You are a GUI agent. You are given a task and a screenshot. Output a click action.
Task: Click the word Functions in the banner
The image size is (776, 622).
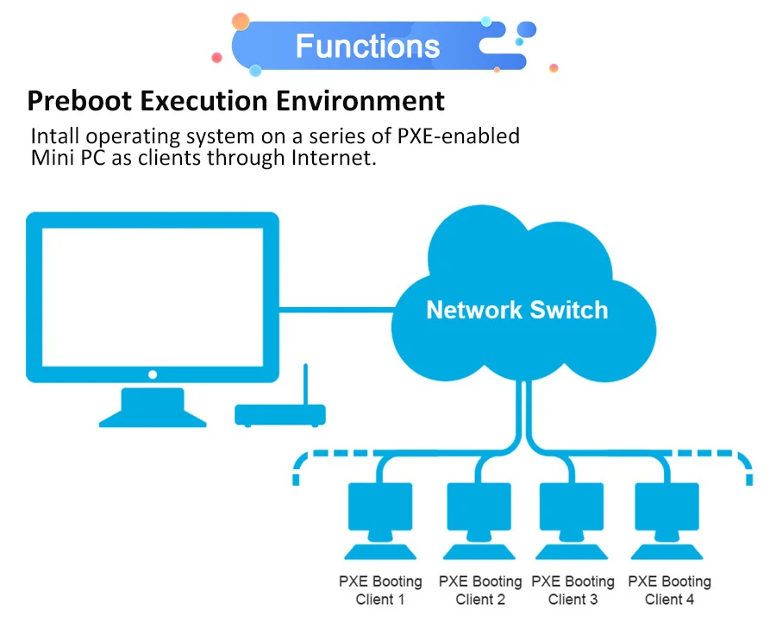click(x=367, y=46)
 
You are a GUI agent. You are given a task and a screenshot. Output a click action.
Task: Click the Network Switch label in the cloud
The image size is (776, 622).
click(x=516, y=310)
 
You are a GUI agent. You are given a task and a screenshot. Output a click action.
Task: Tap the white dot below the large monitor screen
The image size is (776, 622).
click(x=153, y=374)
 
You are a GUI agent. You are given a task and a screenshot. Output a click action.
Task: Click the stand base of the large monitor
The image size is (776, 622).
click(x=153, y=418)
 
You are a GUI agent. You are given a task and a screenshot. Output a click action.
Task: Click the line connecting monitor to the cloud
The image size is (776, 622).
click(x=336, y=308)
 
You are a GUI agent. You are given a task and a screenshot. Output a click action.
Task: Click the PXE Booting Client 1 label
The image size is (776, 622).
click(x=380, y=590)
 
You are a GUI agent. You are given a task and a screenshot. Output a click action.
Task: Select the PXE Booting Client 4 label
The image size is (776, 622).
click(x=669, y=590)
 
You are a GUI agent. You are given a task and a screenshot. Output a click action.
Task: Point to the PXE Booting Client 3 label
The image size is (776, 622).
click(x=573, y=590)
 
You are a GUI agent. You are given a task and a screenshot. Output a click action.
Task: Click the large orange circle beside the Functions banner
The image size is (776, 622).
click(x=241, y=22)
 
